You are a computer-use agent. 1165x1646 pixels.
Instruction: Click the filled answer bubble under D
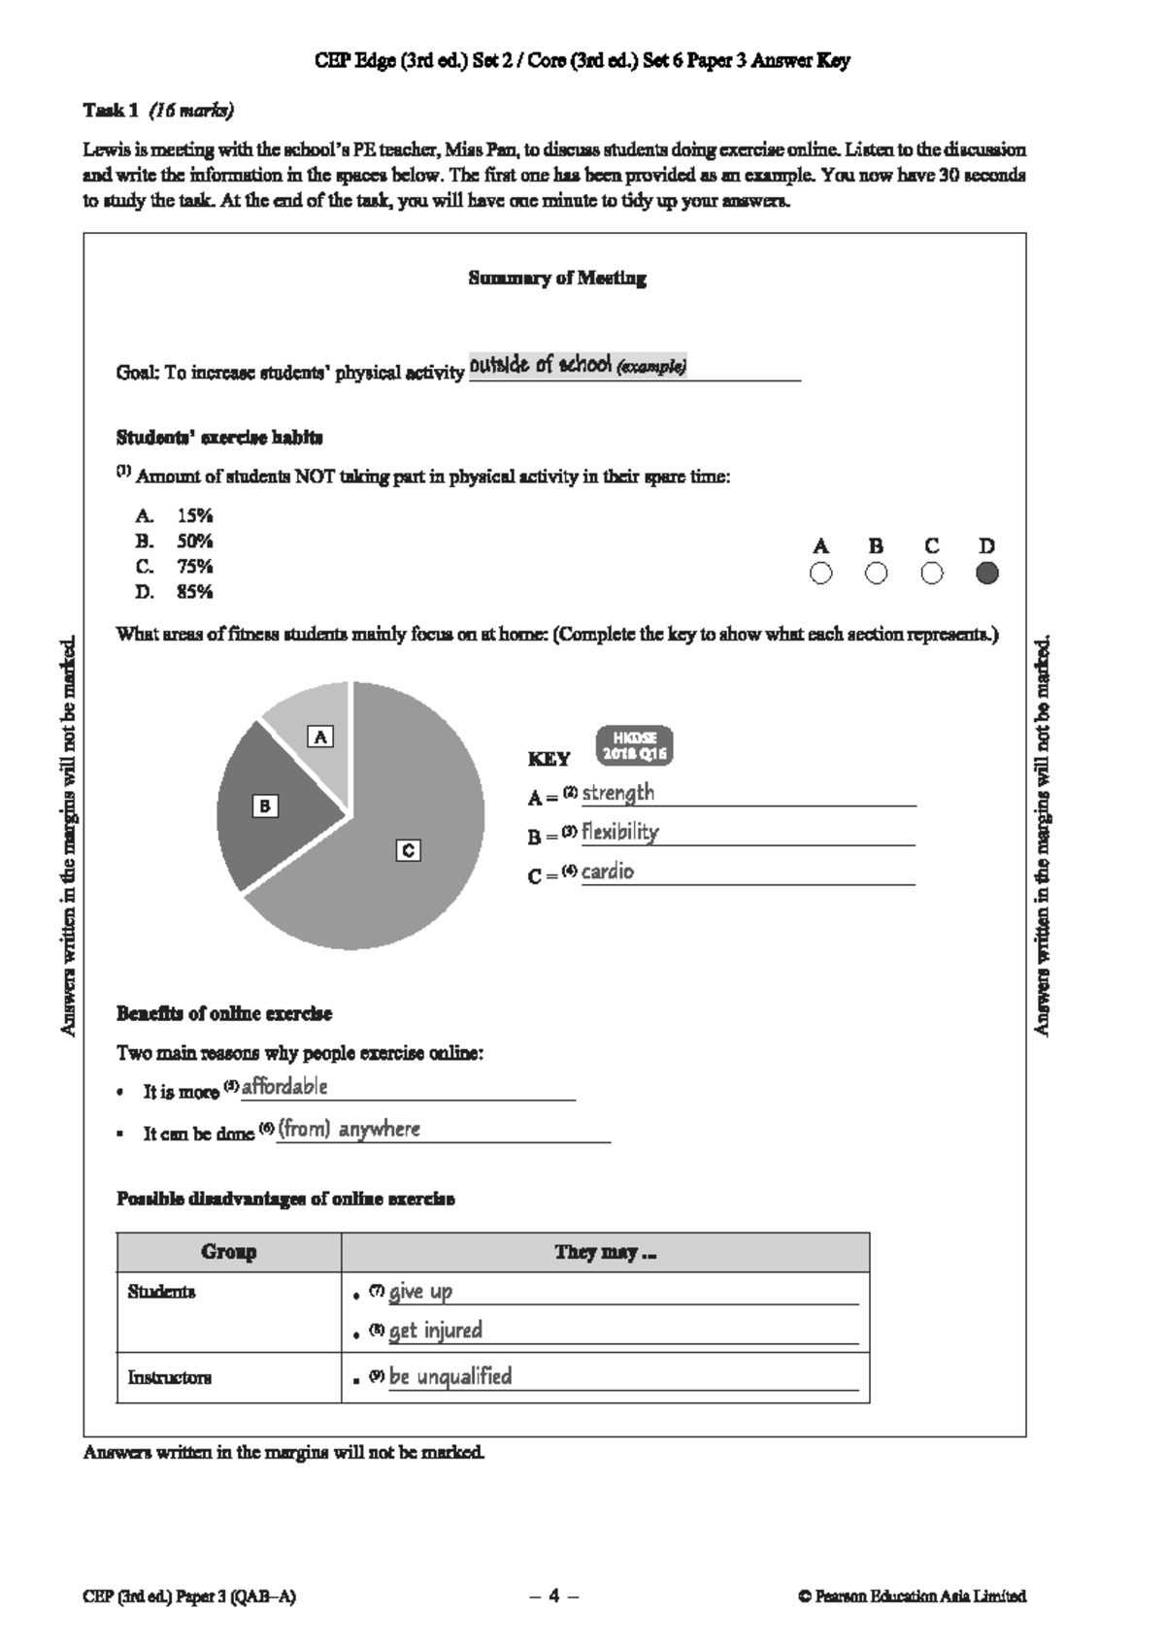pos(986,574)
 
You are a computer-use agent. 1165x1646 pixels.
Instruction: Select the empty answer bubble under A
pos(820,574)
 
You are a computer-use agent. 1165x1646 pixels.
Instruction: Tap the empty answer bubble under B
pos(876,574)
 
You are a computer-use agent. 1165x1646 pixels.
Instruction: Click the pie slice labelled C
pos(408,873)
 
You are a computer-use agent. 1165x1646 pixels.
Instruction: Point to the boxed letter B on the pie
pos(264,806)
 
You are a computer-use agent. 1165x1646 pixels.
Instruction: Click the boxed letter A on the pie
pos(320,737)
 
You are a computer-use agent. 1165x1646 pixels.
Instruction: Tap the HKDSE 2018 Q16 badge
pos(634,745)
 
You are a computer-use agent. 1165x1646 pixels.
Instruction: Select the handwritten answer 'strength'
pos(617,793)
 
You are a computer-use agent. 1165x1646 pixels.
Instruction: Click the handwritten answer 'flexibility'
pos(619,832)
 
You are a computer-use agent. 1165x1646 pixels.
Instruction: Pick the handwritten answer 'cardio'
pos(607,872)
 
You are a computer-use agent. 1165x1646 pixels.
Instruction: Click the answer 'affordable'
pos(284,1087)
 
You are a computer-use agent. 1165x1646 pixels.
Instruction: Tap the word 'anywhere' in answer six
pos(380,1129)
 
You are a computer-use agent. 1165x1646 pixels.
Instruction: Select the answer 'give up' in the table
pos(420,1292)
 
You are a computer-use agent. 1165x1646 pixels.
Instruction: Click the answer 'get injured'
pos(435,1331)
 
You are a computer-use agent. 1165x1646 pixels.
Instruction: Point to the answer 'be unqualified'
pos(449,1376)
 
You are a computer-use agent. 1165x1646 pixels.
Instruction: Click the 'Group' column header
pos(229,1252)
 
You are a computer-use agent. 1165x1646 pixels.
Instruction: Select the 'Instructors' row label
pos(169,1377)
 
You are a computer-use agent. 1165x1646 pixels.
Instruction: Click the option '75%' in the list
pos(194,567)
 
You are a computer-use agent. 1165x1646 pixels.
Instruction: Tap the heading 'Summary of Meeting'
pos(557,279)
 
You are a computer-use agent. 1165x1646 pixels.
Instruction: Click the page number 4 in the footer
pos(554,1596)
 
